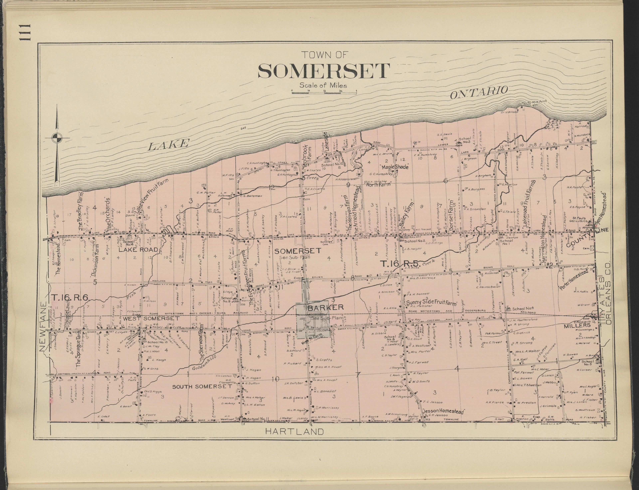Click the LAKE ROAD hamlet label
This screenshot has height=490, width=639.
(x=138, y=250)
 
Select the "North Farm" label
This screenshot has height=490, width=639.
(x=378, y=184)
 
